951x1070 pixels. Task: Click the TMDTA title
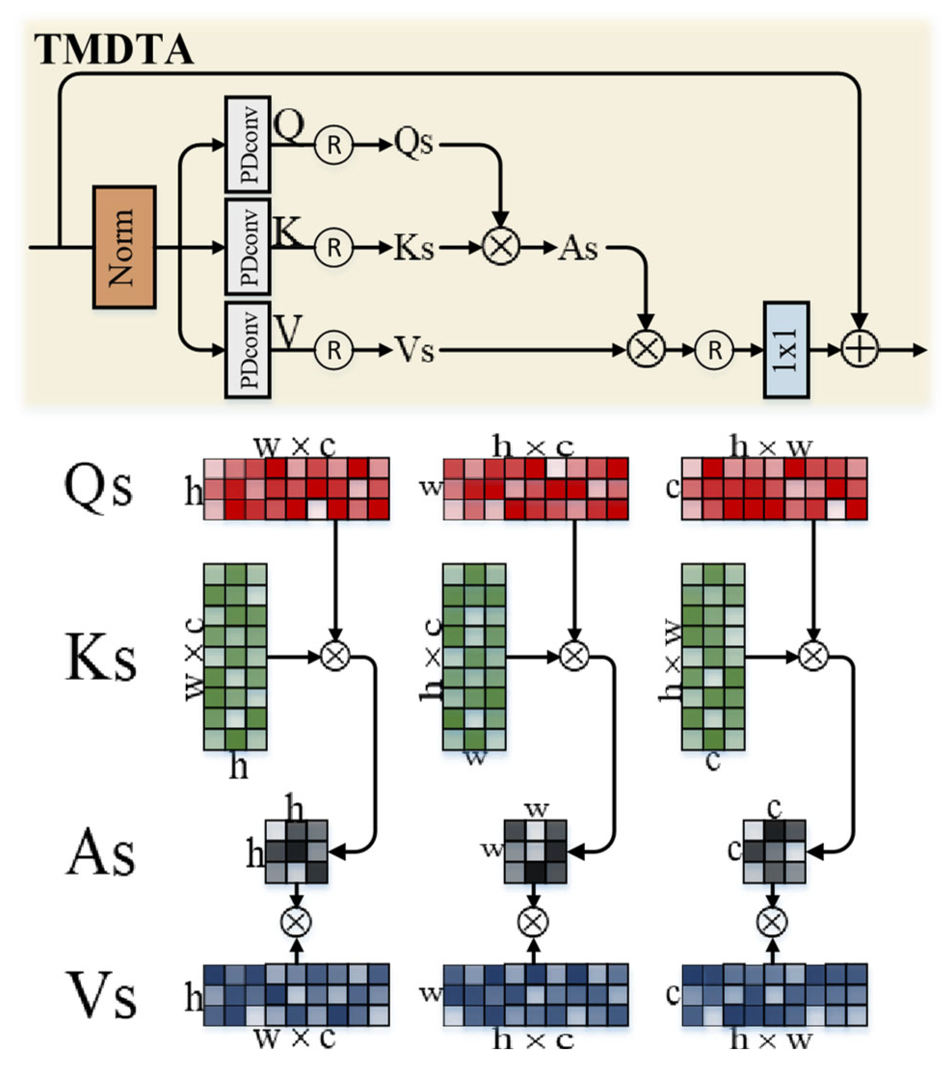tap(114, 50)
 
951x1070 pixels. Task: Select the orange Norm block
tap(124, 247)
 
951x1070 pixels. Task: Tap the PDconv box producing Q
tap(247, 144)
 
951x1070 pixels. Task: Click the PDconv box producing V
tap(247, 350)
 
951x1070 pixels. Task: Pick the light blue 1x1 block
tap(786, 350)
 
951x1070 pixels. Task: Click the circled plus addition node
tap(859, 349)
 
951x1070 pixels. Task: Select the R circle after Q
tap(334, 145)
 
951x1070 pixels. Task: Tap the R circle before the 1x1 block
tap(714, 350)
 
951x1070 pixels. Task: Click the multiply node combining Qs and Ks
tap(500, 246)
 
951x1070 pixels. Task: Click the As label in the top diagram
tap(578, 247)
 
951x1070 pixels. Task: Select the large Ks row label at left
tap(100, 658)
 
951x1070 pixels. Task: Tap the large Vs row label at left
tap(100, 995)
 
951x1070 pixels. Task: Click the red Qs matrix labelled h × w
tap(774, 489)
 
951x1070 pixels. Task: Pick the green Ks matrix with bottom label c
tap(713, 657)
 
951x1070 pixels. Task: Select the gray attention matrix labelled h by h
tap(296, 852)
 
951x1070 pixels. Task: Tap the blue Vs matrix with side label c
tap(774, 994)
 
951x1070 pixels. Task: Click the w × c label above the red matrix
tap(294, 447)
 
